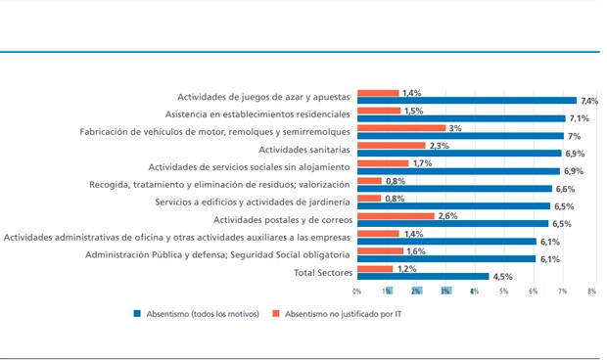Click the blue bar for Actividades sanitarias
(x=458, y=154)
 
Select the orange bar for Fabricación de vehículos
(x=401, y=128)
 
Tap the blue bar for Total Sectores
(x=423, y=277)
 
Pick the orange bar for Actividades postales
(x=396, y=216)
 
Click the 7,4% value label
(x=588, y=101)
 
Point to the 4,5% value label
(x=503, y=277)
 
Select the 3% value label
(x=454, y=128)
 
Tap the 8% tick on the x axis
(x=591, y=292)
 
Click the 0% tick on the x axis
(x=357, y=292)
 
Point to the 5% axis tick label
(x=503, y=292)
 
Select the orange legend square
(x=278, y=314)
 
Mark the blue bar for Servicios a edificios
(x=452, y=206)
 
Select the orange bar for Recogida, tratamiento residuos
(x=369, y=181)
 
